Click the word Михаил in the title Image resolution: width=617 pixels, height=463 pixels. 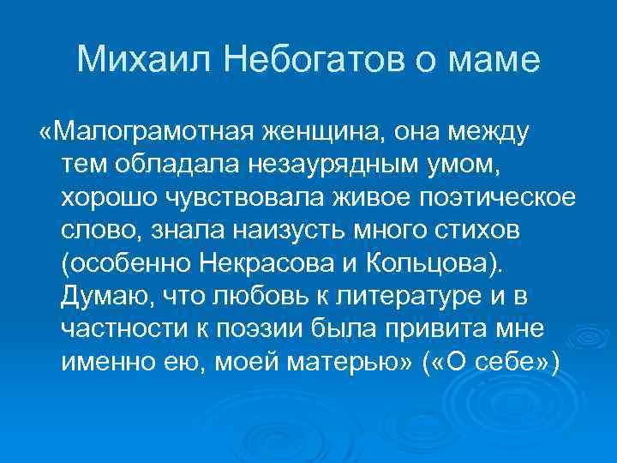(133, 59)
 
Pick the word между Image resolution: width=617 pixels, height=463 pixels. (488, 133)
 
